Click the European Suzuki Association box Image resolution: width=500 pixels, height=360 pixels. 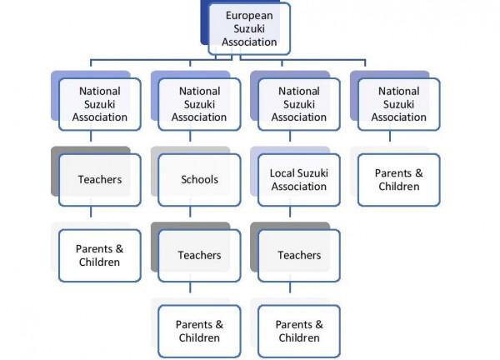tap(249, 28)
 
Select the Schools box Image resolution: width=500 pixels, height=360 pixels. tap(199, 180)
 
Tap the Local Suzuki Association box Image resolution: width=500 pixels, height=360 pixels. tap(299, 180)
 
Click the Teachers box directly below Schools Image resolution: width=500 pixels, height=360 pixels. tap(199, 255)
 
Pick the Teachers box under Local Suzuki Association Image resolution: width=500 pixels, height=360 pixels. tap(299, 255)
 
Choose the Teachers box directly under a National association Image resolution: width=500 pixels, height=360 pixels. tap(100, 180)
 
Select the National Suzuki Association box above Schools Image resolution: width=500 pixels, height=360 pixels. tap(199, 104)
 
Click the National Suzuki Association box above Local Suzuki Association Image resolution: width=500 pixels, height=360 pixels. tap(299, 104)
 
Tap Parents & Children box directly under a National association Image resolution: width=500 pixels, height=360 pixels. tap(399, 180)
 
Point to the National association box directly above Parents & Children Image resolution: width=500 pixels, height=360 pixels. tap(399, 104)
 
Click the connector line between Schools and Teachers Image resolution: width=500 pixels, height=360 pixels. tap(190, 212)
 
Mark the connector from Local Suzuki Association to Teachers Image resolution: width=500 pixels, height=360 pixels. tap(290, 212)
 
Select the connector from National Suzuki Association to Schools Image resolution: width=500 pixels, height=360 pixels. tap(190, 136)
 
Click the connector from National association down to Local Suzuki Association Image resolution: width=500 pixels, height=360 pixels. tap(290, 136)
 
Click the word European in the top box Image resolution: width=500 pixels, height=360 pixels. tap(249, 16)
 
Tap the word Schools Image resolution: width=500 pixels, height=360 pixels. tap(200, 179)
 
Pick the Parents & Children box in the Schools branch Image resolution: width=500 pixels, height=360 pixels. tap(199, 332)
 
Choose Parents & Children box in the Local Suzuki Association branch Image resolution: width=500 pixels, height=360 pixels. tap(299, 332)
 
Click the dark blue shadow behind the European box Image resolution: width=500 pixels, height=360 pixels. tap(204, 22)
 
